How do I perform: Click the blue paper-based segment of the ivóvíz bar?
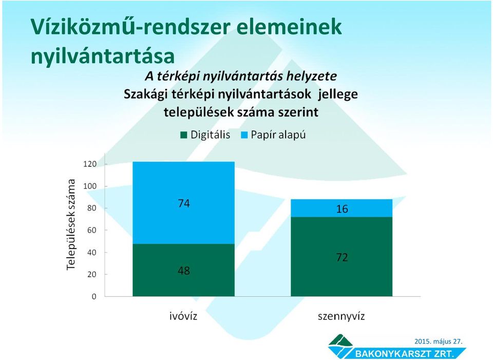tap(184, 203)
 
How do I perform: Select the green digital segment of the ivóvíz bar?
tap(184, 270)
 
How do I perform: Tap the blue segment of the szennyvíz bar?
tap(342, 208)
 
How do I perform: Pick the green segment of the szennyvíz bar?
tap(342, 257)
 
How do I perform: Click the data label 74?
tap(184, 203)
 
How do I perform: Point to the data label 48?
tap(184, 271)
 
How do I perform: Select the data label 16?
tap(342, 209)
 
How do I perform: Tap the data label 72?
tap(342, 257)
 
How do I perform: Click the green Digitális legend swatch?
tap(184, 135)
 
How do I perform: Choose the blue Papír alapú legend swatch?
tap(244, 135)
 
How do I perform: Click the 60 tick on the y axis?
tap(92, 230)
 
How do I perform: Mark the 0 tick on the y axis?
tap(94, 296)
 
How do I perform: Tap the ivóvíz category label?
tap(183, 316)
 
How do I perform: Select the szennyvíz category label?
tap(341, 316)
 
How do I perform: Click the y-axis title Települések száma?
tap(71, 224)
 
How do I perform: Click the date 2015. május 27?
tap(438, 341)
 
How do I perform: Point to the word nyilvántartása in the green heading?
tap(103, 56)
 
